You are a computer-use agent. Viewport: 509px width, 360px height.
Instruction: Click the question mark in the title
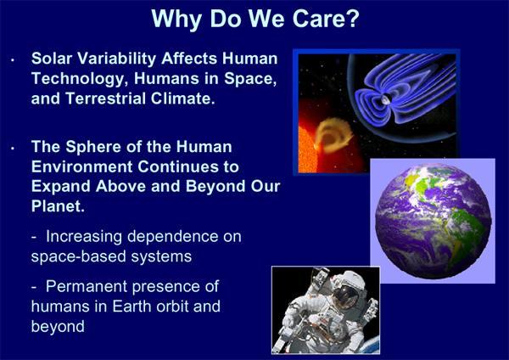[x=353, y=18]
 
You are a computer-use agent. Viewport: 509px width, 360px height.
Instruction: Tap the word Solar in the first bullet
[x=52, y=59]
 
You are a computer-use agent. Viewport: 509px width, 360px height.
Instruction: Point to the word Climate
[x=182, y=98]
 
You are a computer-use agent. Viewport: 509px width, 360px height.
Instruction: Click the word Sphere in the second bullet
[x=93, y=147]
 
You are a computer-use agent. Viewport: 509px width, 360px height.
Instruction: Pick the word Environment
[x=81, y=166]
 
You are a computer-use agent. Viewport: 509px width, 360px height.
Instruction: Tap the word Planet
[x=58, y=206]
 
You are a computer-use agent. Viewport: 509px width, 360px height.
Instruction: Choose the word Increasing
[x=84, y=237]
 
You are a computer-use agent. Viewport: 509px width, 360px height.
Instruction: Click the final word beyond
[x=58, y=327]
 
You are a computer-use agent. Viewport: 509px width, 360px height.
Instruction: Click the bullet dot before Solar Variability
[x=13, y=60]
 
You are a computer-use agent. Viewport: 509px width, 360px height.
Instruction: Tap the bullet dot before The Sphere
[x=13, y=149]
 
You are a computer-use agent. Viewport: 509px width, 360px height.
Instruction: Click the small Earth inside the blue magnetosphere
[x=385, y=99]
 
